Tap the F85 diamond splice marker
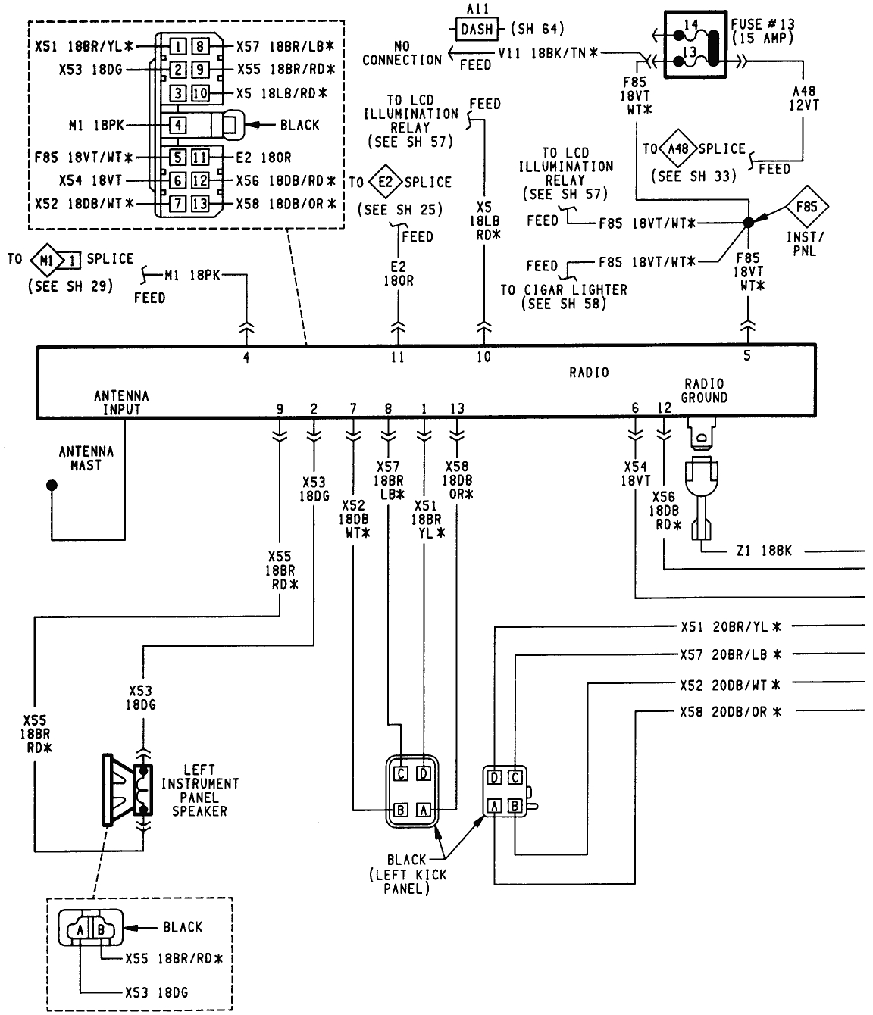point(806,207)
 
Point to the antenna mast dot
point(51,483)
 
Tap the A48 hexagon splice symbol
point(677,149)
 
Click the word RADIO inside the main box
point(589,373)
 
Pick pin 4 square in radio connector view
point(177,125)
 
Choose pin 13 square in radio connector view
point(200,204)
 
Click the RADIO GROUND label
point(703,391)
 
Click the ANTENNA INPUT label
point(121,402)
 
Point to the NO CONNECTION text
point(402,53)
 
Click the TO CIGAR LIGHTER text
point(564,290)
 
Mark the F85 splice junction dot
point(749,223)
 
